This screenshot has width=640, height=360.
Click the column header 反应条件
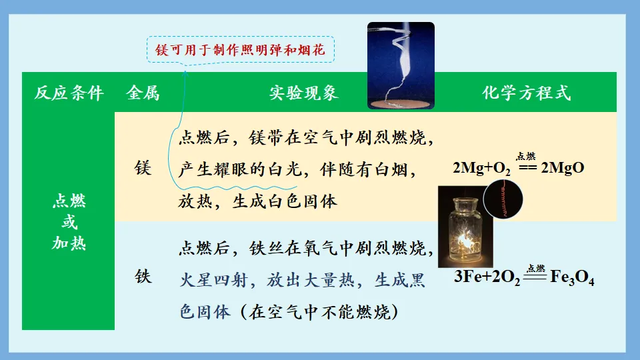[69, 93]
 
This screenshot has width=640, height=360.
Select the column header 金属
[143, 93]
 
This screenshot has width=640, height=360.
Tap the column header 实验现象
[304, 93]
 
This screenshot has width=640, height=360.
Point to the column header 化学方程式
[527, 93]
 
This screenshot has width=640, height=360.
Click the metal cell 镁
[143, 168]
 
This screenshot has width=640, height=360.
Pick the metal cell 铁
[143, 275]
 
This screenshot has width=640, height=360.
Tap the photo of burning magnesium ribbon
[401, 65]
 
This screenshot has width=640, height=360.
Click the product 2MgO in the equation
[563, 168]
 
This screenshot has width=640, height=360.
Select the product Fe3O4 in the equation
[572, 278]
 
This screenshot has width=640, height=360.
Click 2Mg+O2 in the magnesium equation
[481, 168]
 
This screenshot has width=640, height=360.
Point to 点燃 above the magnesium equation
[526, 156]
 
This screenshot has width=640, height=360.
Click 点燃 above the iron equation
[535, 267]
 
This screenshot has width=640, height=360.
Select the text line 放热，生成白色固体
[258, 201]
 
